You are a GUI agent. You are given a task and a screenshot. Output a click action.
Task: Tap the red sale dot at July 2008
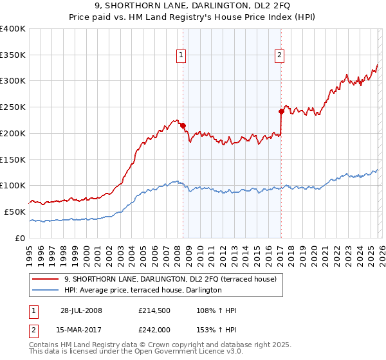[x=183, y=125]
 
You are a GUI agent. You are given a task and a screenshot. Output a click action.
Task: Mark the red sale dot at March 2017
[x=281, y=111]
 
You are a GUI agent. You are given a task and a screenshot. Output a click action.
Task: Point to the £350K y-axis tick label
[x=13, y=55]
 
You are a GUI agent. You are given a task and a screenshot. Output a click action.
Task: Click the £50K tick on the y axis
[x=15, y=212]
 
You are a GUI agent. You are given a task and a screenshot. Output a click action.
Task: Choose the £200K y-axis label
[x=13, y=133]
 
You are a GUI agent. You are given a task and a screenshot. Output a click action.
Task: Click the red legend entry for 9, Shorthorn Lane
[x=170, y=279]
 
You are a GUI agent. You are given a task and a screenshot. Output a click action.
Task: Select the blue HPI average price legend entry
[x=143, y=291]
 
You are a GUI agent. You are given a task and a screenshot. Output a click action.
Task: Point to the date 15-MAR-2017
[x=78, y=329]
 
